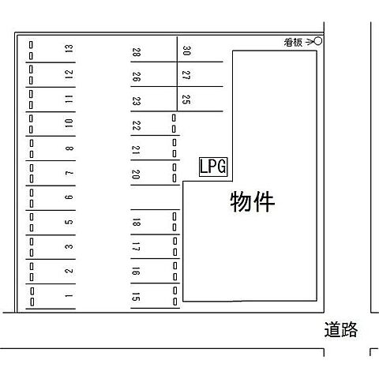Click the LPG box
click(x=213, y=167)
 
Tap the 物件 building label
click(x=253, y=202)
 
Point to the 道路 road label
click(x=341, y=329)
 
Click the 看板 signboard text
click(x=293, y=43)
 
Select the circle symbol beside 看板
click(x=318, y=41)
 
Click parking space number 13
click(x=69, y=49)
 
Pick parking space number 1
click(x=69, y=295)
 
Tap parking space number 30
click(x=186, y=51)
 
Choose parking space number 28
click(x=136, y=52)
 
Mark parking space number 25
click(x=186, y=99)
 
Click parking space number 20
click(x=136, y=174)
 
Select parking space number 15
click(x=136, y=297)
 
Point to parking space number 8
click(x=69, y=148)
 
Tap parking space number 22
click(x=136, y=126)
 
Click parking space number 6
click(x=69, y=197)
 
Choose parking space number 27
click(x=186, y=75)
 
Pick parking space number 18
click(x=136, y=223)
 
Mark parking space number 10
click(x=69, y=123)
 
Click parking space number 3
click(x=69, y=246)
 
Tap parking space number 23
click(x=136, y=101)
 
